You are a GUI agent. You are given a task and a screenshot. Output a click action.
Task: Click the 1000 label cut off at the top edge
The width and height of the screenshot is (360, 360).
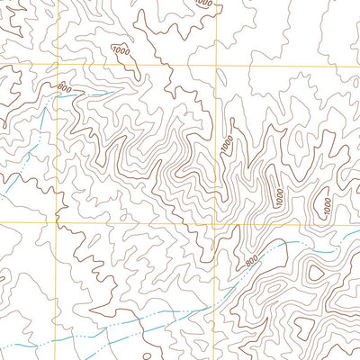(x=204, y=4)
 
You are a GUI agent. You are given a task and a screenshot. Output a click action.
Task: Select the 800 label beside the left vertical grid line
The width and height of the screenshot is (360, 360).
(x=64, y=87)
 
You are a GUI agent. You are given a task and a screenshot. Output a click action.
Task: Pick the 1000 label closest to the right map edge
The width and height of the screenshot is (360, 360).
(x=326, y=208)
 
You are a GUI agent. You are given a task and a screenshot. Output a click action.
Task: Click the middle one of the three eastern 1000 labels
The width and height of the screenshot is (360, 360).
(x=280, y=195)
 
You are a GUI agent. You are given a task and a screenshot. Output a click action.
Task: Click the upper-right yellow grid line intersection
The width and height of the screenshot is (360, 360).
(x=216, y=66)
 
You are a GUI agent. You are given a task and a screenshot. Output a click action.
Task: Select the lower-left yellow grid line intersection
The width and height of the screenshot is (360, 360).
(x=56, y=221)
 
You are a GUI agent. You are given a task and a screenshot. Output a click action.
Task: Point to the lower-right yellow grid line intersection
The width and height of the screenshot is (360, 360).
(x=216, y=223)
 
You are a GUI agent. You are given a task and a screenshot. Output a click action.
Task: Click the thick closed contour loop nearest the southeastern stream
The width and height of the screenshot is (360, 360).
(x=312, y=270)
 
